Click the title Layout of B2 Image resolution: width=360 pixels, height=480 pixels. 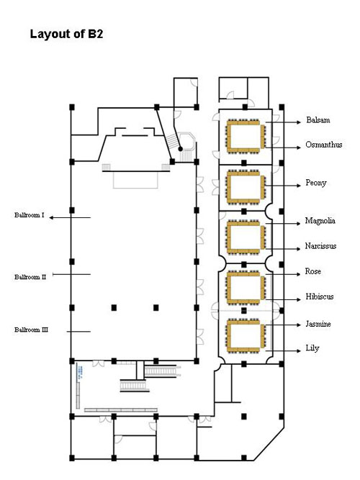(66, 34)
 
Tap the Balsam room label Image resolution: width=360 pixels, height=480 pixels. (318, 119)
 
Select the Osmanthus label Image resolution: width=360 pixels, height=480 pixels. (323, 145)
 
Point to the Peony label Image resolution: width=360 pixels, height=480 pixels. (316, 183)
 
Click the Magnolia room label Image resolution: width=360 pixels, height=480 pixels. (320, 221)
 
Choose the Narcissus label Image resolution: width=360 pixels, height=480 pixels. (320, 246)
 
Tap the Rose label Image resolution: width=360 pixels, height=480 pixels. (312, 271)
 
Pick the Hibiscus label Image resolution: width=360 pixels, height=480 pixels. (319, 296)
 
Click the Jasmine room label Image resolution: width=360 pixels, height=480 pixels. (318, 324)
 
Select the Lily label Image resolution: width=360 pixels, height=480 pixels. (312, 348)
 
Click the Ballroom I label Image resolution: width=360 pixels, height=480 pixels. (29, 215)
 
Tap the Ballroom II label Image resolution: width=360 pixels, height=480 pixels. (30, 277)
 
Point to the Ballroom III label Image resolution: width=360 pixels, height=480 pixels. (31, 330)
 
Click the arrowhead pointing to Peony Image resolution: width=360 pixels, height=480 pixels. (299, 186)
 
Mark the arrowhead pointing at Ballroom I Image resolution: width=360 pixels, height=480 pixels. (51, 217)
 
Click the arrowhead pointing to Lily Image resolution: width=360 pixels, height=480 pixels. (299, 350)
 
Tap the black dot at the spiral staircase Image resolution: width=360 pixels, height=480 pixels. (181, 149)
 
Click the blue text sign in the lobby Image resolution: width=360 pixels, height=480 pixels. (79, 372)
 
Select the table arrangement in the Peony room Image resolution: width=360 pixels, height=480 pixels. (246, 186)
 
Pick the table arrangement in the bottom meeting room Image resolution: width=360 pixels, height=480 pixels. (246, 335)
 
